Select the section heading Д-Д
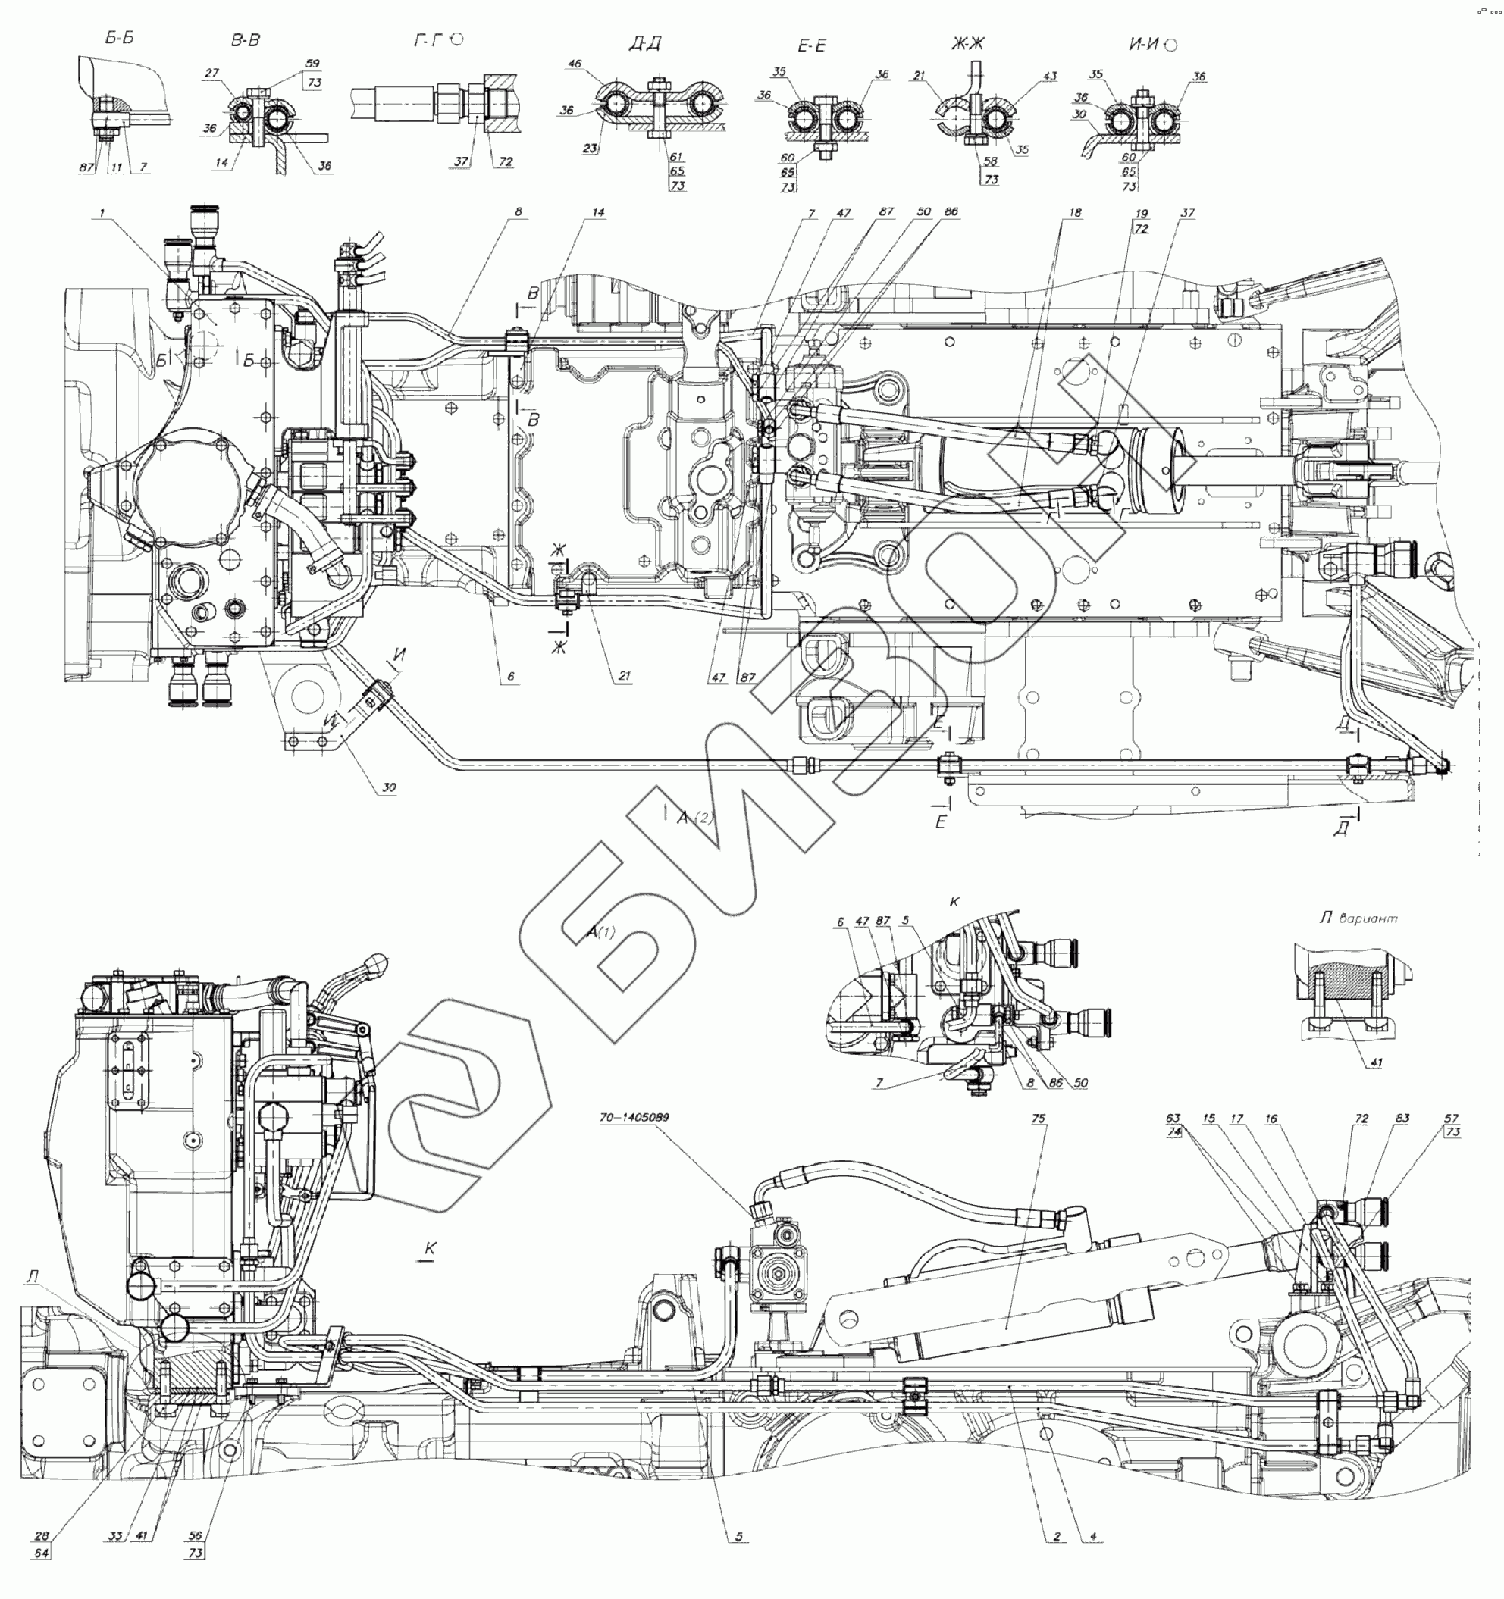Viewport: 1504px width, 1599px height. coord(644,43)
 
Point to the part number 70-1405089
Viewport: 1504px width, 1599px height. coord(634,1117)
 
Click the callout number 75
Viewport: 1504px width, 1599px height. coord(1038,1118)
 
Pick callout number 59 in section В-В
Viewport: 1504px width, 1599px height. coord(313,64)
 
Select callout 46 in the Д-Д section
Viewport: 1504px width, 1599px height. coord(575,64)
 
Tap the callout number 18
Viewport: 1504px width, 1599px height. coord(1075,213)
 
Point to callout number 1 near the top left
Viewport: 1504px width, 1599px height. coord(102,212)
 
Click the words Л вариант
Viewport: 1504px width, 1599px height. coord(1358,918)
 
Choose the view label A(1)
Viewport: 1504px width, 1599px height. coord(600,932)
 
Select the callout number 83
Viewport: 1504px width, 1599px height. coord(1402,1119)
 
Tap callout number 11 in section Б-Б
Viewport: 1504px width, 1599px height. coord(117,168)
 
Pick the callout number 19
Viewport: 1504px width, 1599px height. coord(1141,214)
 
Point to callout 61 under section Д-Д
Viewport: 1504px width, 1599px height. coord(677,157)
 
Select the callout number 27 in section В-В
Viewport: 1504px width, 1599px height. coord(211,73)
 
